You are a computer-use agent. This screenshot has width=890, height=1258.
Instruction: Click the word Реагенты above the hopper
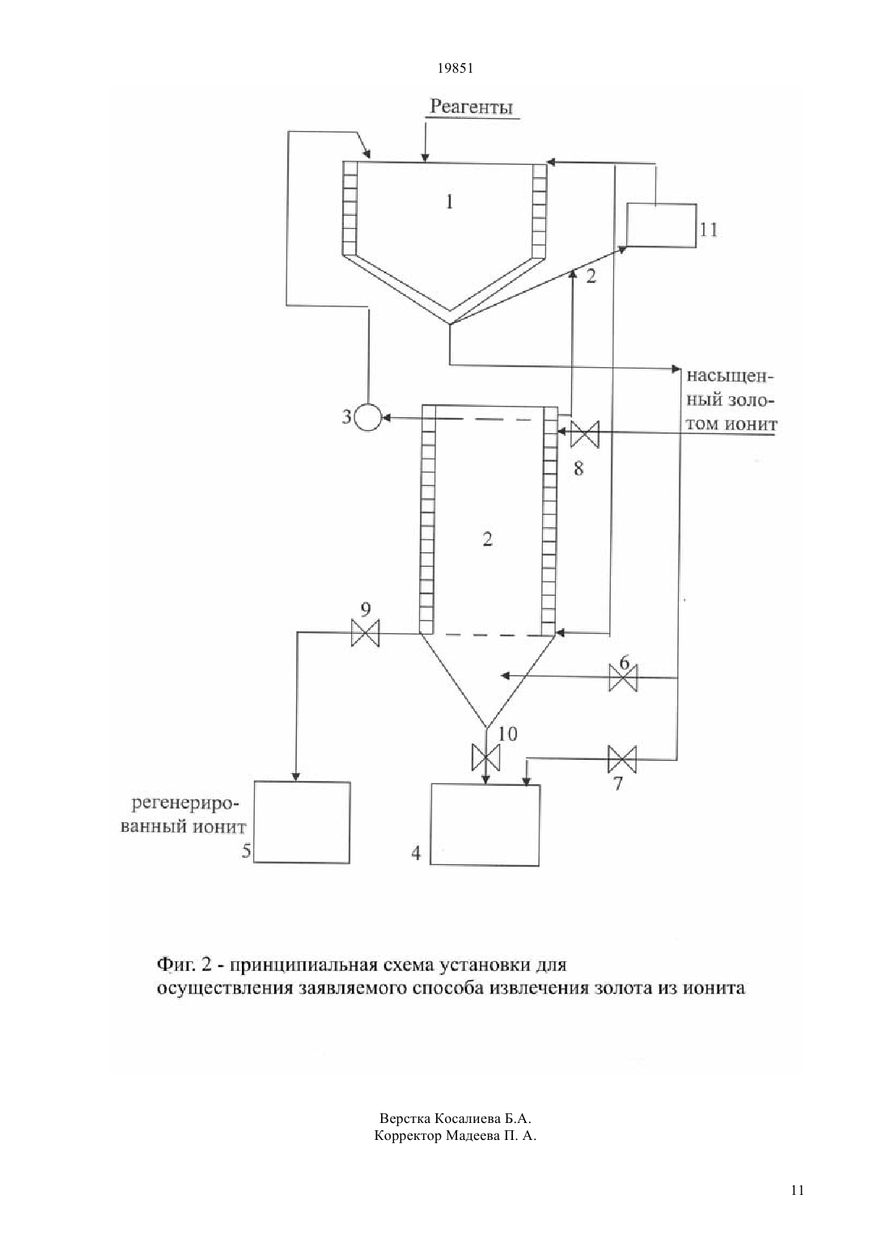tap(472, 107)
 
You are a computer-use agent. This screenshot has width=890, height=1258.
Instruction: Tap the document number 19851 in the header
tap(455, 69)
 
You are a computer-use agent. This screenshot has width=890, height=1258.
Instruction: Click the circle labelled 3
tap(368, 417)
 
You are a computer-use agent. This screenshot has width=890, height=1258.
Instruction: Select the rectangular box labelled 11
tap(662, 226)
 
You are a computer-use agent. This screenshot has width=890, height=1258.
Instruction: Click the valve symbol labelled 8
tap(585, 433)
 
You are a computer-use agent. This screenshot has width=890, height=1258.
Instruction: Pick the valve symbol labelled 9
tap(365, 633)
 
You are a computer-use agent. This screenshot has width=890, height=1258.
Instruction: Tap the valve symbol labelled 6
tap(623, 678)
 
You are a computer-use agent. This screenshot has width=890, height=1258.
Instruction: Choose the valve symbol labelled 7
tap(622, 759)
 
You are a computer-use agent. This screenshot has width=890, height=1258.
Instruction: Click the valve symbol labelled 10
tap(485, 758)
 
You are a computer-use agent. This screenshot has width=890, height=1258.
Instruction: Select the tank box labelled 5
tap(302, 822)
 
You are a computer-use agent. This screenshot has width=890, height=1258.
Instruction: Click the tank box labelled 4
tap(485, 825)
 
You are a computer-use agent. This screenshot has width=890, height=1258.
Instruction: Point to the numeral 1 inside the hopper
tap(449, 201)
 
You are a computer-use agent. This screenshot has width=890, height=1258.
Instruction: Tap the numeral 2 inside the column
tap(487, 539)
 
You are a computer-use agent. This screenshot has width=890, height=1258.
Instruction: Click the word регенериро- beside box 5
tap(186, 804)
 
